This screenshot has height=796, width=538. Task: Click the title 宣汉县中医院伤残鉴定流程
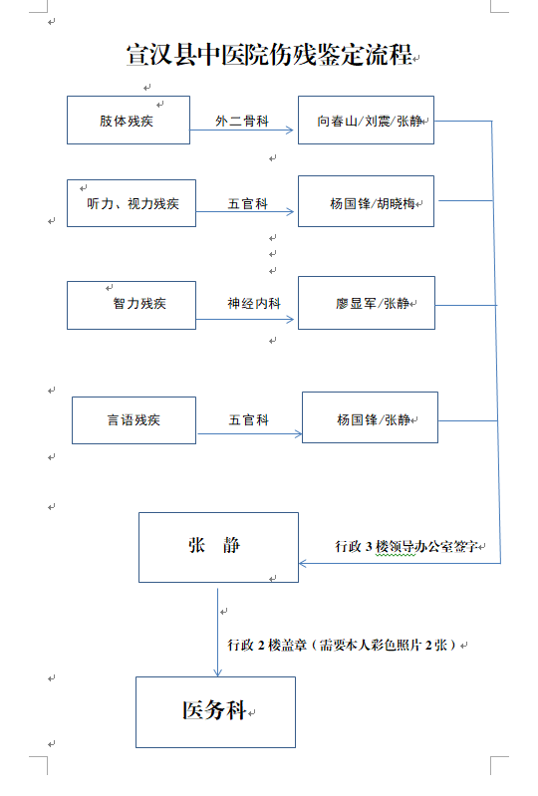tap(269, 55)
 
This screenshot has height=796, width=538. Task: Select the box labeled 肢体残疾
tap(129, 121)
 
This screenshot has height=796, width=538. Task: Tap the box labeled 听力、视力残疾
tap(132, 203)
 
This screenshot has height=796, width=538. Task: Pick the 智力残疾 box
tap(132, 305)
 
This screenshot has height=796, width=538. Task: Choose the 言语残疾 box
tap(134, 420)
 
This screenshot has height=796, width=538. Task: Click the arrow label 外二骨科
tap(242, 121)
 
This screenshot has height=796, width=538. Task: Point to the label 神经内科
tap(254, 303)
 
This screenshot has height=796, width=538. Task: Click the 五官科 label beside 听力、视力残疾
tap(248, 203)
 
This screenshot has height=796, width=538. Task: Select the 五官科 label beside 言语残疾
tap(249, 419)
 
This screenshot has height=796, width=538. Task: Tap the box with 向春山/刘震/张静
tap(366, 121)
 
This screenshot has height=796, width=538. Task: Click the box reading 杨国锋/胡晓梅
tap(366, 201)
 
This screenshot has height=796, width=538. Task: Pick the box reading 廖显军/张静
tap(367, 303)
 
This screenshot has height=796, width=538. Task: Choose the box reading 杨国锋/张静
tap(370, 417)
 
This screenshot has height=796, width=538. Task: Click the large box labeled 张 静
tap(219, 547)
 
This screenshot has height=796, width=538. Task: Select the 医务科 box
tap(216, 712)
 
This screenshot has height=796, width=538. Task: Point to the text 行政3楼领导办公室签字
tap(406, 546)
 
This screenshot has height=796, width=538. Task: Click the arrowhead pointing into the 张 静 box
tap(303, 563)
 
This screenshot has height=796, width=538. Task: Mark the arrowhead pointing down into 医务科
tap(218, 672)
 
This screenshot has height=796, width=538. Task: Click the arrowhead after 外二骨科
tap(290, 130)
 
